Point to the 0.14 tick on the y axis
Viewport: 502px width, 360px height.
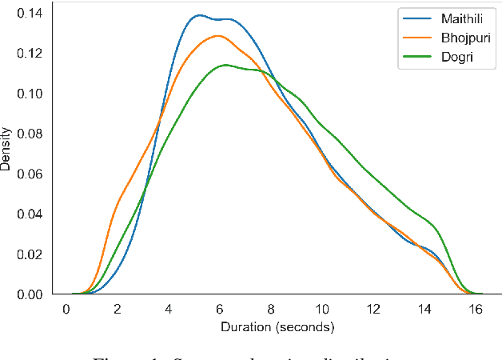[x=31, y=12]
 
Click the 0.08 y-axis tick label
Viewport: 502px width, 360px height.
[x=31, y=133]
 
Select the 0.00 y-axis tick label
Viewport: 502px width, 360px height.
[x=31, y=294]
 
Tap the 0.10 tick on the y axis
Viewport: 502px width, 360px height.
[x=31, y=93]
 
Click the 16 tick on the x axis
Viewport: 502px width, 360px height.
[x=476, y=310]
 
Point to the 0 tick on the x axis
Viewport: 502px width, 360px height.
[x=66, y=310]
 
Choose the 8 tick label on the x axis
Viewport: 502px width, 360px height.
[x=271, y=310]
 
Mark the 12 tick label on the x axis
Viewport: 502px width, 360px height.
[x=374, y=310]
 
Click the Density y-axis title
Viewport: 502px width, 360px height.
[x=7, y=150]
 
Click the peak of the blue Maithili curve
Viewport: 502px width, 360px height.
[x=198, y=15]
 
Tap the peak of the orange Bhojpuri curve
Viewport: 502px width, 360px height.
[x=218, y=36]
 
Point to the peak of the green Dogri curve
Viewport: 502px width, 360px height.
[x=226, y=65]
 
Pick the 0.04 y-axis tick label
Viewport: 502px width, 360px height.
[x=31, y=214]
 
